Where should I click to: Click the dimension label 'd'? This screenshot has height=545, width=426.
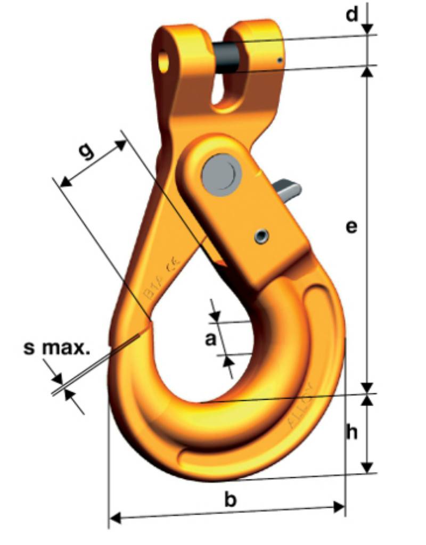pos(352,15)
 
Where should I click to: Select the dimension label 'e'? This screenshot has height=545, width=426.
pos(351,227)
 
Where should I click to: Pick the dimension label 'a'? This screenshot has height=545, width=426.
pos(211,338)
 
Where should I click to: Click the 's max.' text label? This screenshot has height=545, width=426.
pos(56,349)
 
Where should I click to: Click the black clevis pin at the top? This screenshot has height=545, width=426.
pos(227,57)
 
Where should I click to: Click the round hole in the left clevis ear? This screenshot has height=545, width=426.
pos(163,60)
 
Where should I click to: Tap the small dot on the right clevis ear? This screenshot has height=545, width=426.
pos(280,61)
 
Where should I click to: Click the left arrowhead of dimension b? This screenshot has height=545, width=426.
pos(115,516)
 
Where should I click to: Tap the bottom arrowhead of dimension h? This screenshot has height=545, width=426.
pos(367,467)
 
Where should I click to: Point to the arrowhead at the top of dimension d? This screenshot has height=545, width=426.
pos(367,29)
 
